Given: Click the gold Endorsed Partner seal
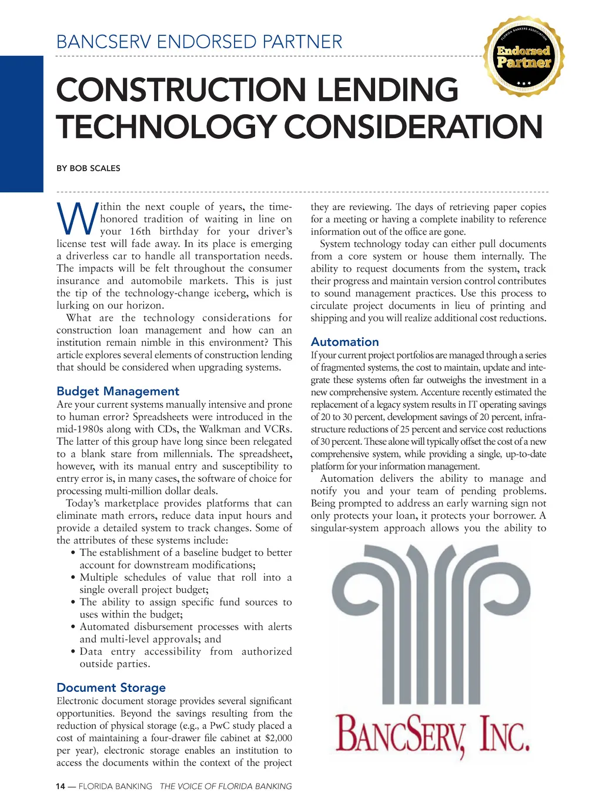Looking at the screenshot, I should [x=523, y=56].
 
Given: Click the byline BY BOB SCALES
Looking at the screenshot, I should [x=88, y=168].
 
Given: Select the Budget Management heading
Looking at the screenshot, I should [x=118, y=391].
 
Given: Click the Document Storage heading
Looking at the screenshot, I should [x=111, y=688].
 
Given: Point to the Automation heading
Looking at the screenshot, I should [x=345, y=342].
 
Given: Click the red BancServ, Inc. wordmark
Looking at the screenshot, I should [x=432, y=733].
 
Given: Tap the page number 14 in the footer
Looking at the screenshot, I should [x=60, y=786].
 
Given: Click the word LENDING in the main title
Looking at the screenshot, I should [x=387, y=91].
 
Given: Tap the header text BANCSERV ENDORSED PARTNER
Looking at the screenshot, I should [x=199, y=42].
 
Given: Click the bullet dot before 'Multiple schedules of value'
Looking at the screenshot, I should [x=72, y=578].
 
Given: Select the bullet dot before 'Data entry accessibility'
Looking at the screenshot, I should [x=72, y=652].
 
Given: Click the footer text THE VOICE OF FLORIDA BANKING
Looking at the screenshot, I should [x=226, y=786].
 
